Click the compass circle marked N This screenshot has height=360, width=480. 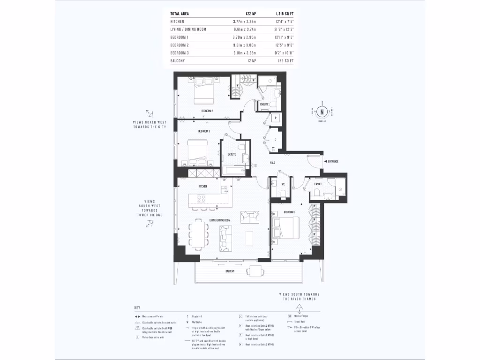[322, 112]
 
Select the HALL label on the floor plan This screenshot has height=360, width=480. [272, 163]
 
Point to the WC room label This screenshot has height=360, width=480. [283, 184]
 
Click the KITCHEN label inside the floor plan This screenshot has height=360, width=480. [202, 186]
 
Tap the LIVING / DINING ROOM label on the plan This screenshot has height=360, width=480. [220, 220]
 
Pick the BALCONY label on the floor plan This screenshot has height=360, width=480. [229, 271]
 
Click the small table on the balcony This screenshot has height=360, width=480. [256, 271]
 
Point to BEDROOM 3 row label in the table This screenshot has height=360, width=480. [180, 53]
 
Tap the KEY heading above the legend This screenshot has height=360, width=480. [137, 308]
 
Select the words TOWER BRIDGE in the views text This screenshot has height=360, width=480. [150, 215]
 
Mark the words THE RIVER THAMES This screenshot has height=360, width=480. [299, 299]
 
